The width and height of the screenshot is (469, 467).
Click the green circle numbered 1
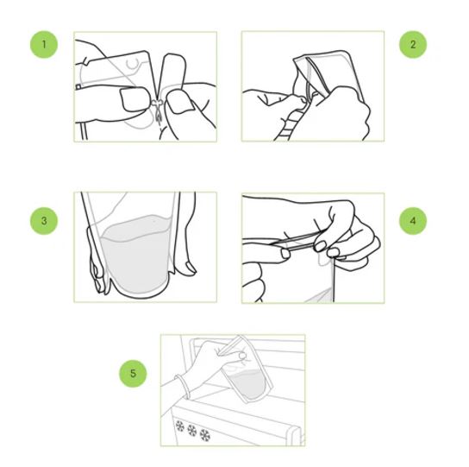(44, 44)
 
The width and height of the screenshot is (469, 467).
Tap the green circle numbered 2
(413, 44)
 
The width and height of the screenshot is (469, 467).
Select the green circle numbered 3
(44, 221)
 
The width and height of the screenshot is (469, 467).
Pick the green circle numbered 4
(413, 221)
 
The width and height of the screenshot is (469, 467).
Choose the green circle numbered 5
(133, 373)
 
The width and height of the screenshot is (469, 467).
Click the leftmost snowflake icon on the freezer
(180, 426)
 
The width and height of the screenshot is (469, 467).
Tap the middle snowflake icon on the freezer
(191, 431)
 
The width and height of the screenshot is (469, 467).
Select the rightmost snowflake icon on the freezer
(205, 435)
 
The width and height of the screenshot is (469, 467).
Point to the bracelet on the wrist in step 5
(183, 386)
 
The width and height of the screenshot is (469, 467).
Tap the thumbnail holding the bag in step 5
(242, 356)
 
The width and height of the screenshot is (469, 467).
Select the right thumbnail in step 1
(180, 103)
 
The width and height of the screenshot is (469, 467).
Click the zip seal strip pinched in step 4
(299, 240)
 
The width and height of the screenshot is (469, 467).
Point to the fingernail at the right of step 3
(191, 268)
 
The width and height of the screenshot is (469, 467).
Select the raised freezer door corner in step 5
(293, 432)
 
